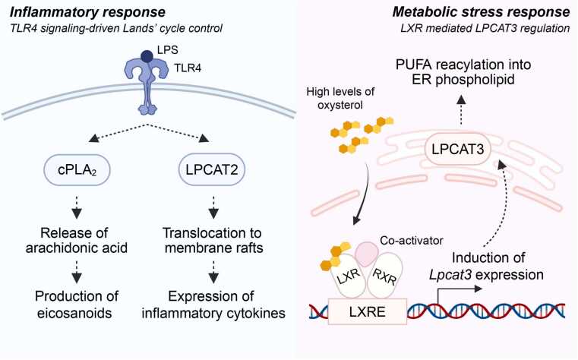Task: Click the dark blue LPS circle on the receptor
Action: tap(147, 57)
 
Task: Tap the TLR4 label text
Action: tap(188, 68)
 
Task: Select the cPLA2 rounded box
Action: tap(77, 169)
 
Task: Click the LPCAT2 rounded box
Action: tap(212, 169)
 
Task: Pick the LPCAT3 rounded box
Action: tap(457, 149)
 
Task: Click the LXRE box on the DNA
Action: tap(367, 311)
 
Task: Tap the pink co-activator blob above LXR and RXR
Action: tap(365, 254)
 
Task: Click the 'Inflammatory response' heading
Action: tap(87, 12)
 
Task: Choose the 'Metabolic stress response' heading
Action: tap(481, 12)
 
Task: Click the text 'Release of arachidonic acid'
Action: tap(76, 240)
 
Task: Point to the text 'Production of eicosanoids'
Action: tap(76, 305)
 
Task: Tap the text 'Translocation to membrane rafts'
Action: tap(213, 240)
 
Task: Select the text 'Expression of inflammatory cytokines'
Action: tap(213, 305)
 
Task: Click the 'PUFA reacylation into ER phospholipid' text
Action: tap(463, 72)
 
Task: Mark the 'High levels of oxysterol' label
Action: tap(340, 99)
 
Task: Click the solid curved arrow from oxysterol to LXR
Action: tap(365, 194)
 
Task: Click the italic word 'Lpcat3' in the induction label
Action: tap(450, 275)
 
